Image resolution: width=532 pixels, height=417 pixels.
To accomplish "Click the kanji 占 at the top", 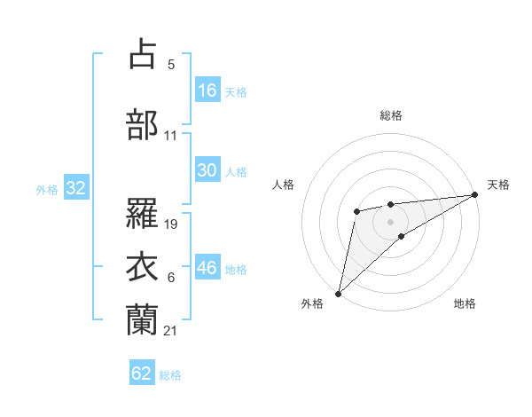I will point(142,54).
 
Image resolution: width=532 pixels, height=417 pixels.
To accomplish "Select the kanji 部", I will point(142,124).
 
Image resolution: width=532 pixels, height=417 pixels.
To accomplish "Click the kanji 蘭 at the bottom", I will point(142,319).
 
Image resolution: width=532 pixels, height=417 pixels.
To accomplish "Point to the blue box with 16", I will point(207,90).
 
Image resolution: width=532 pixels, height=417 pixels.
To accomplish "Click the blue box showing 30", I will point(207,170).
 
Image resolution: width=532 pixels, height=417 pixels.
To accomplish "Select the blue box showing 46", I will point(207,268).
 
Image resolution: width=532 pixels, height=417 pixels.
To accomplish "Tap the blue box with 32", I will point(75,188).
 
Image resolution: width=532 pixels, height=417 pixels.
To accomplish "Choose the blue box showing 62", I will point(142,374).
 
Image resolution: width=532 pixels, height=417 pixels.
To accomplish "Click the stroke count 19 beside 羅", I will point(172,224).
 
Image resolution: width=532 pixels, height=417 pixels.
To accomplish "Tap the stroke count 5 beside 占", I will point(171,66).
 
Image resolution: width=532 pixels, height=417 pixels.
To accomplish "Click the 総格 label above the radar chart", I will point(390,115).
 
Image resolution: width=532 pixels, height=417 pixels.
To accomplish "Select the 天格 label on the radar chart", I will point(498,185).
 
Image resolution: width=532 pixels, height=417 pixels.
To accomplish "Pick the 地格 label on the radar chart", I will point(465,304).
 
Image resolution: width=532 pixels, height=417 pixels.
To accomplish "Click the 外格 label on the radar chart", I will point(312,304).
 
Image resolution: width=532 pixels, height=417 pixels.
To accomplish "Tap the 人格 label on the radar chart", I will point(284,185).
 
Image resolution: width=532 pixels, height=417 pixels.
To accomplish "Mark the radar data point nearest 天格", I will point(475,195).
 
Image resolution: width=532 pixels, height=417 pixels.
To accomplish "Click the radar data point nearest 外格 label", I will point(338,293).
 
